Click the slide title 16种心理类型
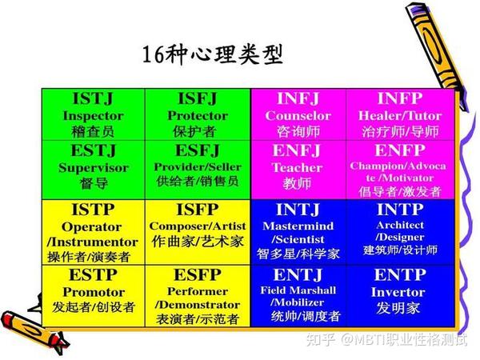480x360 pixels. pyautogui.click(x=213, y=55)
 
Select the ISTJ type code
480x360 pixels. pyautogui.click(x=93, y=99)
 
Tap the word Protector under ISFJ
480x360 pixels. pyautogui.click(x=198, y=115)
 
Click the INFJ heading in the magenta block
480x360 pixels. pyautogui.click(x=298, y=99)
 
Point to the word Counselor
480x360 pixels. pyautogui.click(x=298, y=115)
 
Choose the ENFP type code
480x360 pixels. pyautogui.click(x=399, y=150)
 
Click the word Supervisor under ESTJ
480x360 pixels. pyautogui.click(x=93, y=168)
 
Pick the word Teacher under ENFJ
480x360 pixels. pyautogui.click(x=297, y=168)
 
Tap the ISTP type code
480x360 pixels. pyautogui.click(x=92, y=210)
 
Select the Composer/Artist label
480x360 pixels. pyautogui.click(x=198, y=226)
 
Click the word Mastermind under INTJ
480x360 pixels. pyautogui.click(x=298, y=226)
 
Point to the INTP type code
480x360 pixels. pyautogui.click(x=399, y=211)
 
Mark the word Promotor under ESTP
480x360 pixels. pyautogui.click(x=93, y=291)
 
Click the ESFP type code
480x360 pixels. pyautogui.click(x=198, y=276)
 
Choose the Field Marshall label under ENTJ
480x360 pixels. pyautogui.click(x=298, y=290)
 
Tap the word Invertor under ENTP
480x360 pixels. pyautogui.click(x=399, y=292)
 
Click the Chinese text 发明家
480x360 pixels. pyautogui.click(x=399, y=309)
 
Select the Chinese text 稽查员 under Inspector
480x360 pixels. pyautogui.click(x=93, y=130)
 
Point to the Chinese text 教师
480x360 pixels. pyautogui.click(x=297, y=183)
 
